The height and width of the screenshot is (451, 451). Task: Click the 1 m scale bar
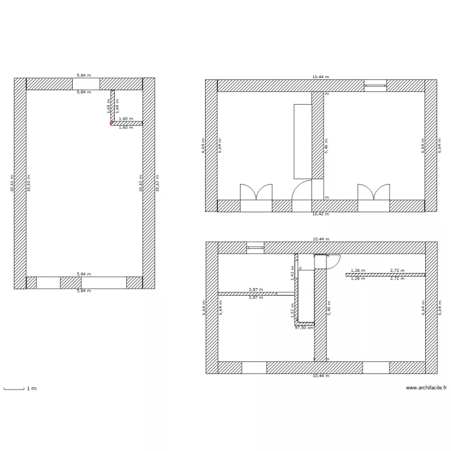pyautogui.click(x=14, y=389)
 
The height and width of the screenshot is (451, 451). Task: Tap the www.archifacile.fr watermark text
pyautogui.click(x=426, y=388)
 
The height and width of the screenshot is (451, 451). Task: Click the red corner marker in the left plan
pyautogui.click(x=111, y=123)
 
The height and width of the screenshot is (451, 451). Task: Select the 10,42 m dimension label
pyautogui.click(x=321, y=214)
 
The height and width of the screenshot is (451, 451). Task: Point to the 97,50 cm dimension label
pyautogui.click(x=304, y=328)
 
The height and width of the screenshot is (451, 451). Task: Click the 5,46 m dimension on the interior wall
pyautogui.click(x=327, y=146)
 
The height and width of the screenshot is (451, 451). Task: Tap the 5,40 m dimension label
pyautogui.click(x=329, y=307)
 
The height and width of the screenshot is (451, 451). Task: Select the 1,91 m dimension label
pyautogui.click(x=292, y=274)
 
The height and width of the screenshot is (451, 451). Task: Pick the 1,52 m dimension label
pyautogui.click(x=292, y=308)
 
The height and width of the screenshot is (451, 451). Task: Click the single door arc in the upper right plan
pyautogui.click(x=302, y=191)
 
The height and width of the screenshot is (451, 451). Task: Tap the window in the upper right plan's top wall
pyautogui.click(x=375, y=86)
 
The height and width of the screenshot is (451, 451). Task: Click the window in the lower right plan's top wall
pyautogui.click(x=256, y=247)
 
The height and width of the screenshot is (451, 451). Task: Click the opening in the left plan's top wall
pyautogui.click(x=86, y=84)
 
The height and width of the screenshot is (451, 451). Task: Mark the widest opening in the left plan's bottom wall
pyautogui.click(x=103, y=283)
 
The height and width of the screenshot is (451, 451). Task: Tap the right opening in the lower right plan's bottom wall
pyautogui.click(x=376, y=367)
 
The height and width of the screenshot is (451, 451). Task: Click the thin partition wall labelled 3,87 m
pyautogui.click(x=247, y=293)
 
